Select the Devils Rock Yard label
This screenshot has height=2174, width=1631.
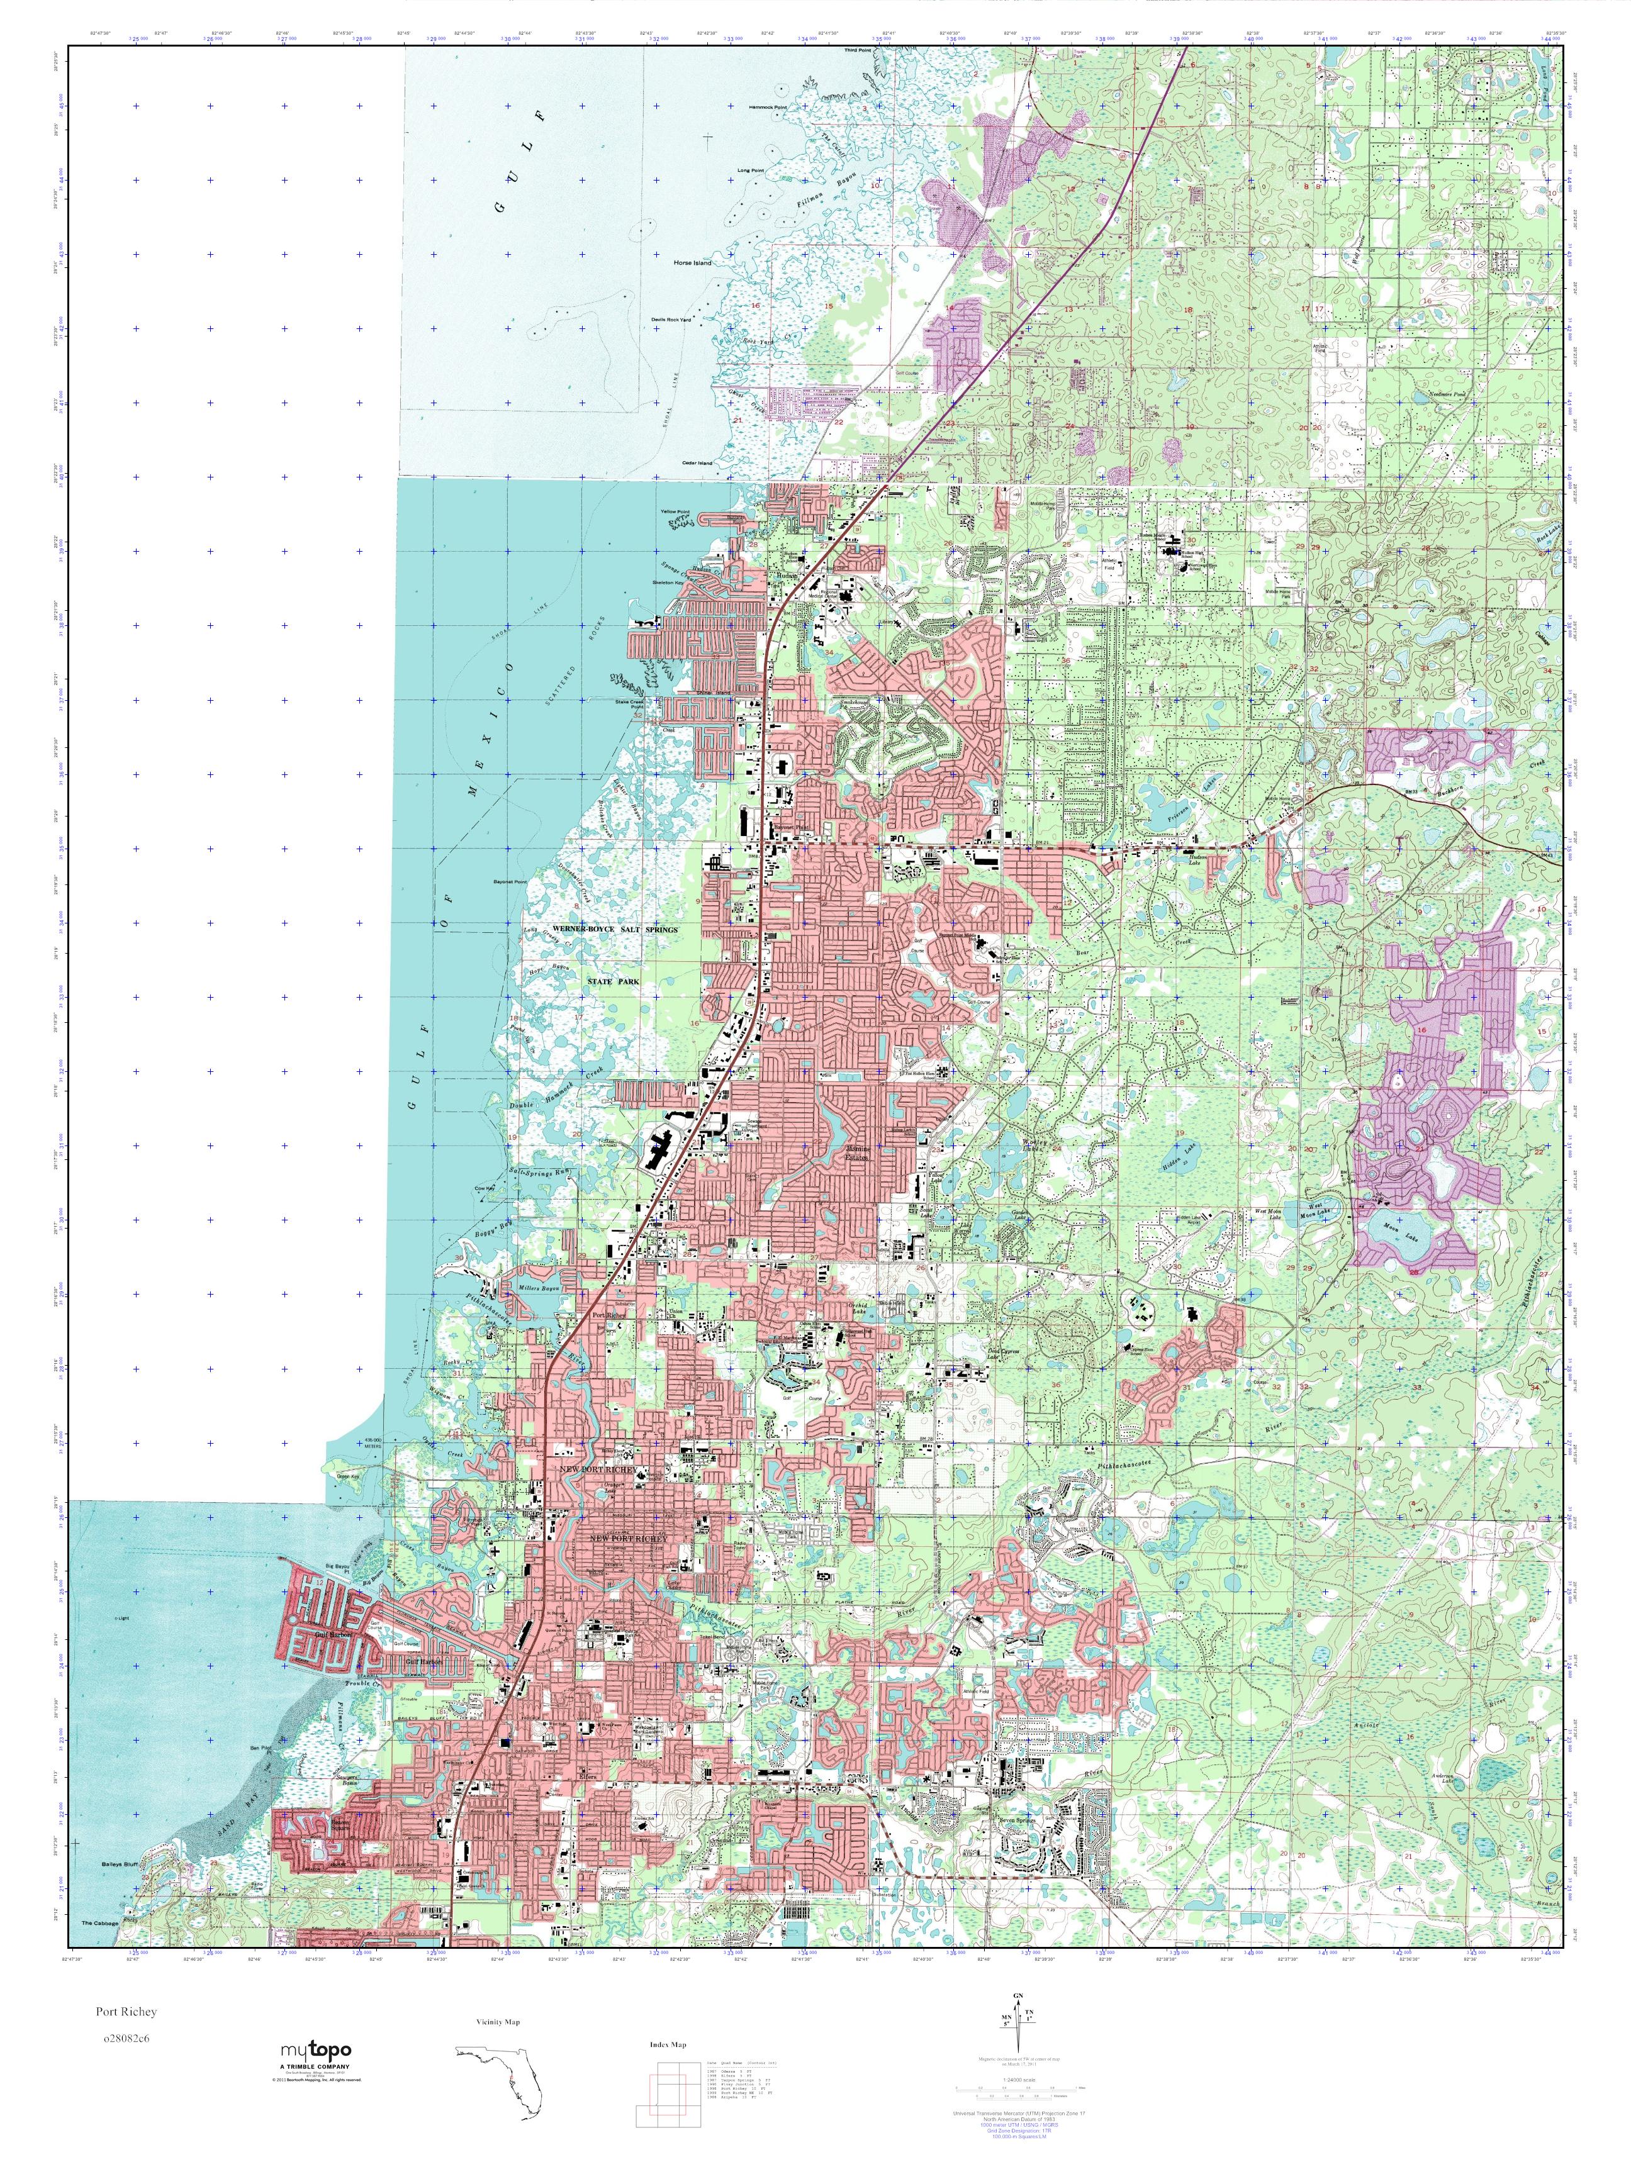671,320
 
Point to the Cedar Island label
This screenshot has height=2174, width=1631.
696,463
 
